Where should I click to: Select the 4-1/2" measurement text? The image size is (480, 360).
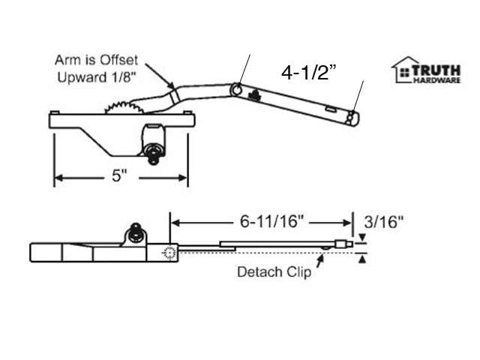click(x=309, y=73)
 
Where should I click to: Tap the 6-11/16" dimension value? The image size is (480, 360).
click(x=261, y=222)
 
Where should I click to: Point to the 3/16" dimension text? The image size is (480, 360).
click(x=383, y=222)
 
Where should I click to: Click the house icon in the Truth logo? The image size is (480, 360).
click(x=405, y=70)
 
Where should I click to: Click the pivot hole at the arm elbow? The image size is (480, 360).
click(x=238, y=90)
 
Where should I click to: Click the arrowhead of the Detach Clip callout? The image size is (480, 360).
click(x=322, y=256)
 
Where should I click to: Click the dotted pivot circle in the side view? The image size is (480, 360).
click(x=168, y=253)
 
